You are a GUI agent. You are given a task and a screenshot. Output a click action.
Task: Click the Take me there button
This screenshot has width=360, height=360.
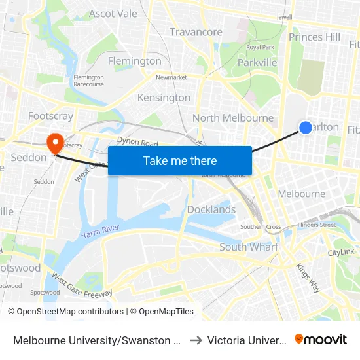[180, 160]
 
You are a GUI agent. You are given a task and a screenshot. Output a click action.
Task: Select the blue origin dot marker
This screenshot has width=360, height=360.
[305, 128]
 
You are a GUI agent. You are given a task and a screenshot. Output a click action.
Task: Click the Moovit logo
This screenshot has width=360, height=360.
[321, 340]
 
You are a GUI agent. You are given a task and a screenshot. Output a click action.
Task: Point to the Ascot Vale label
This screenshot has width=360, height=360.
[113, 14]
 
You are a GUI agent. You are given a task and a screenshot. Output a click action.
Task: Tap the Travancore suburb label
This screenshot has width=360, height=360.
[196, 32]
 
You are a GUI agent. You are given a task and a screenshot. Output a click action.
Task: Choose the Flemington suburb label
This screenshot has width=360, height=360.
[134, 61]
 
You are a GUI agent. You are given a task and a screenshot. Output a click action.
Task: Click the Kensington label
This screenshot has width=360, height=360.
[164, 98]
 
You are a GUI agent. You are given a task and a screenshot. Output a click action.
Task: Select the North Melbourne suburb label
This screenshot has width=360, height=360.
[233, 118]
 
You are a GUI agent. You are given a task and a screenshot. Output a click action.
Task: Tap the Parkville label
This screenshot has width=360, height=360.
[257, 63]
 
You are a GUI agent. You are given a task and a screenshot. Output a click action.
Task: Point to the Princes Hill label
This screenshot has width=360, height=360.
[315, 37]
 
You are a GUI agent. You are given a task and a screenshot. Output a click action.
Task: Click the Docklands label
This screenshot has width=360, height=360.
[211, 209]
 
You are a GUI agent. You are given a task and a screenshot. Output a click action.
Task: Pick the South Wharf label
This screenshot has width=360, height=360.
[249, 247]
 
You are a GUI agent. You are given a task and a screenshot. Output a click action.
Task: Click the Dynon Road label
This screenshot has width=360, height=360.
[138, 142]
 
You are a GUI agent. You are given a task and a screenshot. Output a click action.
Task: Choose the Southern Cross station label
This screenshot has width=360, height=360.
[261, 227]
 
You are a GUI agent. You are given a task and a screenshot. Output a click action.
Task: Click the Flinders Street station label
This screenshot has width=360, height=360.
[316, 225]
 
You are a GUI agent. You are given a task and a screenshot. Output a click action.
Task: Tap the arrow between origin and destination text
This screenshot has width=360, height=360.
[195, 340]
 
